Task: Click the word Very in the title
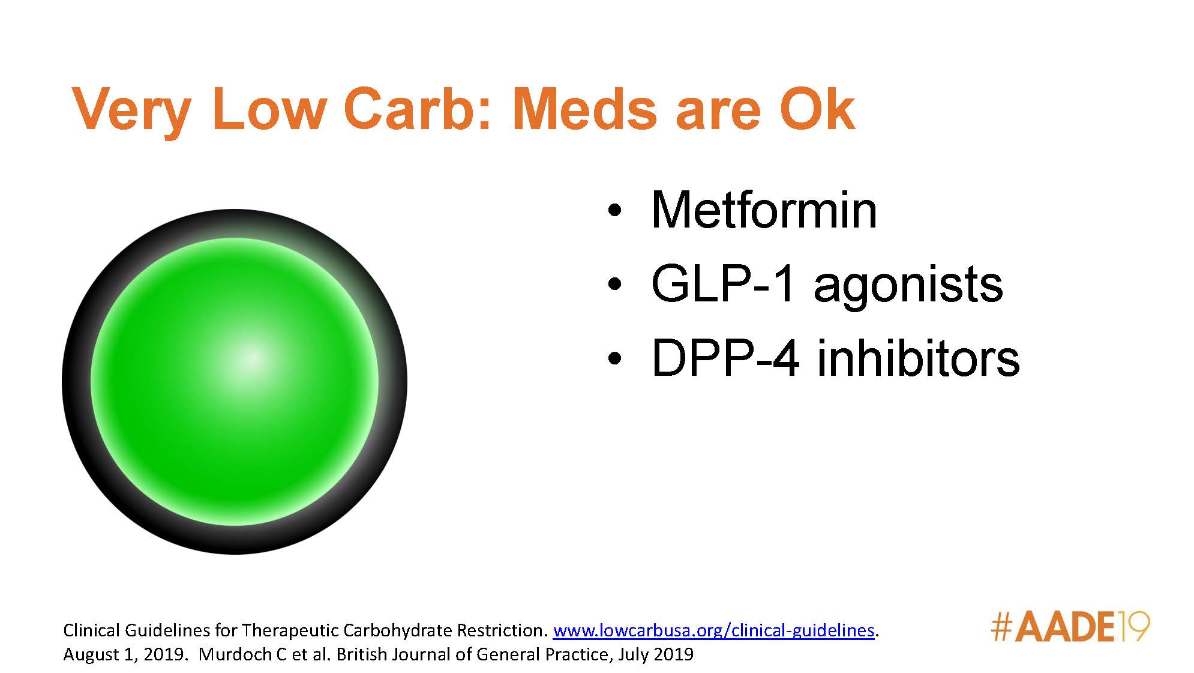pos(131,109)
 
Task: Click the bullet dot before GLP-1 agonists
pos(613,285)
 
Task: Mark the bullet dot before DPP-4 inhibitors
pos(613,360)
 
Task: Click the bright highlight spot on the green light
pos(252,359)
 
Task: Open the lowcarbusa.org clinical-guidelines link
pos(713,630)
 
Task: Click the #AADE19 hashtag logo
pos(1070,627)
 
